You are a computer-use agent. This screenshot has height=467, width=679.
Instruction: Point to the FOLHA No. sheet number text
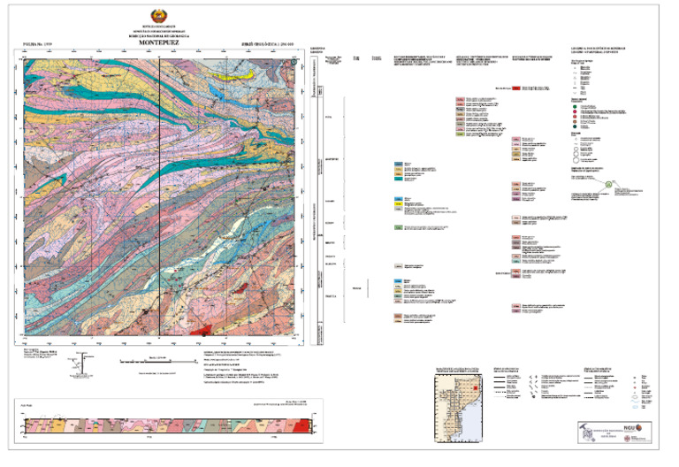click(36, 42)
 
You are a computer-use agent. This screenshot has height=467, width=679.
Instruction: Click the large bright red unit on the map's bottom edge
click(202, 328)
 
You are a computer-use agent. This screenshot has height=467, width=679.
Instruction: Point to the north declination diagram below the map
click(84, 362)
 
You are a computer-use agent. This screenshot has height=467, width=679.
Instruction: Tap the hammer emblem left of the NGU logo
click(590, 433)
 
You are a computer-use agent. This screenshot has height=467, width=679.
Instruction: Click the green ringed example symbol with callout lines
click(609, 184)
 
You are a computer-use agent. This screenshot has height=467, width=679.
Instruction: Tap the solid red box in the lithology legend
click(515, 88)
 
